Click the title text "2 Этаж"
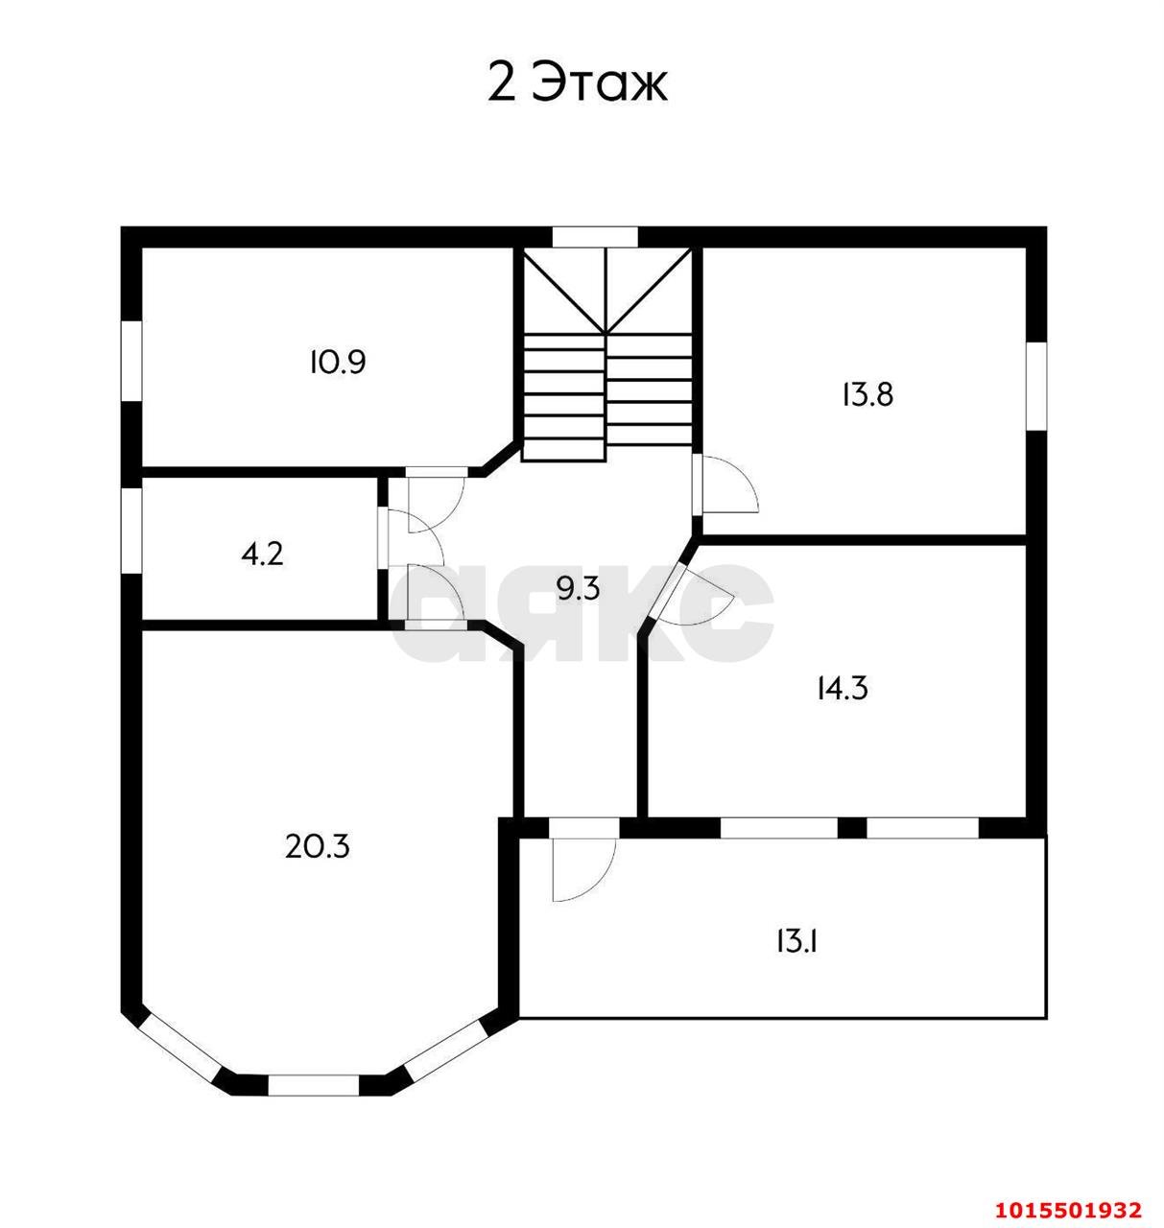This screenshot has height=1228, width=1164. (578, 83)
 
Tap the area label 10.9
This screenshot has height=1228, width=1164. (337, 363)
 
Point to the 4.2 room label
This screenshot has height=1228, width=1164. (262, 555)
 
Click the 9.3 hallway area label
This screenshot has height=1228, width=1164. (578, 588)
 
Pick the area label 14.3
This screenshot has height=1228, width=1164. (842, 688)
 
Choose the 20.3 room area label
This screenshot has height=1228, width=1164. (318, 846)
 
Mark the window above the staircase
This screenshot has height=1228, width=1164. (595, 236)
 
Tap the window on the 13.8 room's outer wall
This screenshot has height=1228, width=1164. (1035, 385)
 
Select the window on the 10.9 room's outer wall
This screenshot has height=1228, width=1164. (131, 361)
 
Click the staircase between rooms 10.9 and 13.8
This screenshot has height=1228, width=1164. (606, 355)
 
